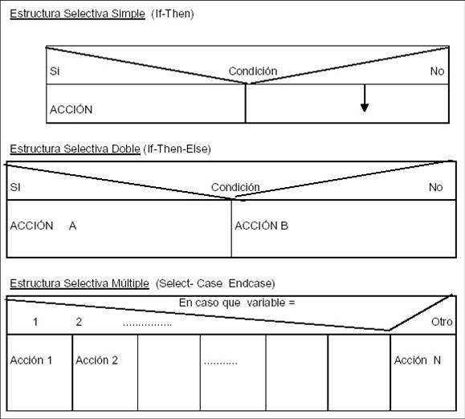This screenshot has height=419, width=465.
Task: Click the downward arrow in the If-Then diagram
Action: click(365, 99)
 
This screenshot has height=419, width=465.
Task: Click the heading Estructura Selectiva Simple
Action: click(77, 14)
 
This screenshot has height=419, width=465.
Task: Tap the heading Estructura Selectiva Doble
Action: click(75, 148)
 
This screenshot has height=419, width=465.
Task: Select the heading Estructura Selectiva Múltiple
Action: click(80, 283)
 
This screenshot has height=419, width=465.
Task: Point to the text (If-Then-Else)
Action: click(177, 148)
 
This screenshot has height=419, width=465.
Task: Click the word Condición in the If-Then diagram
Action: click(253, 71)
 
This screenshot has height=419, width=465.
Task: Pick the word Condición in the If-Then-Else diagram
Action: click(235, 187)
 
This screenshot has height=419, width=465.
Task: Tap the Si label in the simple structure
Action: click(55, 71)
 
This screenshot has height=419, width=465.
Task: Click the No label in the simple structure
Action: click(437, 71)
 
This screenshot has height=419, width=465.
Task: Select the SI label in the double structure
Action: click(15, 187)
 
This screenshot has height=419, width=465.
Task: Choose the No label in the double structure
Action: click(435, 187)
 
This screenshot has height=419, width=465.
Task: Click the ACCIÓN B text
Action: click(261, 226)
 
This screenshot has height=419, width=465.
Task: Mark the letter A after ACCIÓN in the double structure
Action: click(72, 226)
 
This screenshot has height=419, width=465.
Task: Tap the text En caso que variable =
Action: click(237, 303)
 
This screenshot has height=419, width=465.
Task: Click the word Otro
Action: click(442, 322)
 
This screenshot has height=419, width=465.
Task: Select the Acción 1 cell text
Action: click(31, 360)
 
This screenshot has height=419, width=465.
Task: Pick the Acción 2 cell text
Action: click(96, 360)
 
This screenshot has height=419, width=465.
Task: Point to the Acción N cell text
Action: click(418, 360)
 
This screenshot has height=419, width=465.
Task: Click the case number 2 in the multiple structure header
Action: click(79, 322)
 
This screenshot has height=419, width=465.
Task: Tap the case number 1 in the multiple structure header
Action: click(35, 322)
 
